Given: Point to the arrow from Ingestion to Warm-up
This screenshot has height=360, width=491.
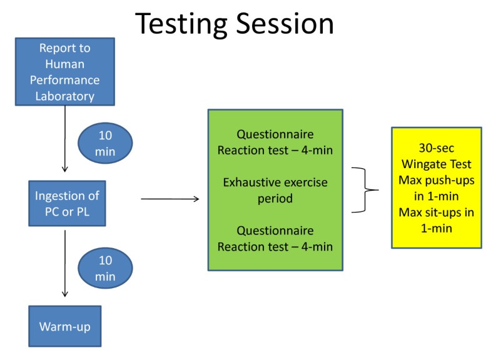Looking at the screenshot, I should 64,262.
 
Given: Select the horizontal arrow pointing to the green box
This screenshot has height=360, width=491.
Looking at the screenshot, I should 170,199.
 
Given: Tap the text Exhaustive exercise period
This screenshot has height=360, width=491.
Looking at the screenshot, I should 275,191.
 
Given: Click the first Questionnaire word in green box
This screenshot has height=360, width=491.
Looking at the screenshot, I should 275,134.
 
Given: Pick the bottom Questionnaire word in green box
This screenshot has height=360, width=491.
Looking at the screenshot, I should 275,231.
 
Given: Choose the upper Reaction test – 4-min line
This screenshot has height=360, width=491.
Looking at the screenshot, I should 275,150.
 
